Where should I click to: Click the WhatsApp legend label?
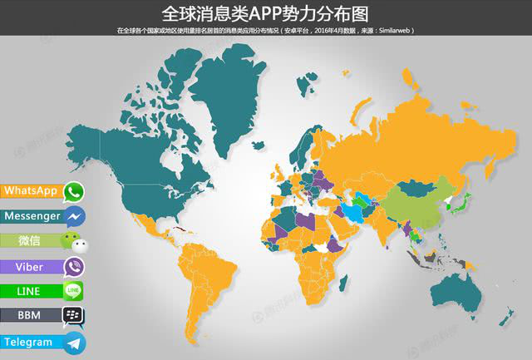point(31,191)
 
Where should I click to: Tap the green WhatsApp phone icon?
point(75,192)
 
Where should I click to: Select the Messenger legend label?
point(32,216)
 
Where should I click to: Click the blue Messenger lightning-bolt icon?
point(75,217)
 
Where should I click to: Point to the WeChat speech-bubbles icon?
point(75,243)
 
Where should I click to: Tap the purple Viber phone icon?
point(75,268)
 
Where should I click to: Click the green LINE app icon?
point(74,292)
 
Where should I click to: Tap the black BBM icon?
point(74,317)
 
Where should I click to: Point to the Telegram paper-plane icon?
point(75,343)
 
